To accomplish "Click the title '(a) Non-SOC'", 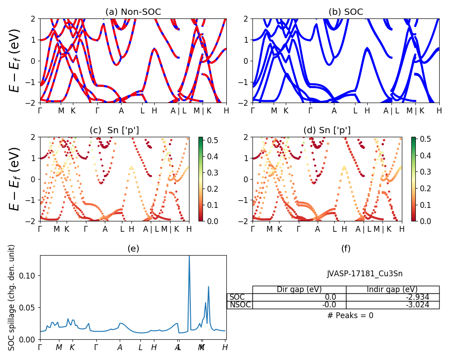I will (133, 12).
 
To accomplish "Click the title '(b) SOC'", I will (346, 12).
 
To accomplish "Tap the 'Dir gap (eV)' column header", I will (299, 289).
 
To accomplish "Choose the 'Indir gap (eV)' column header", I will (392, 289).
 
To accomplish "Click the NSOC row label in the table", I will (239, 305).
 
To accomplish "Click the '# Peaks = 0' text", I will (350, 315).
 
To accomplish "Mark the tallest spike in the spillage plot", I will (189, 256).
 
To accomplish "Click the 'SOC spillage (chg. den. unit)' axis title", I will (12, 297).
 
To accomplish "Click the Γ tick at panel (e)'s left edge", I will (40, 347).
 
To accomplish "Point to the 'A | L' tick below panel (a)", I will (178, 111).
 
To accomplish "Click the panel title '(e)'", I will (133, 248).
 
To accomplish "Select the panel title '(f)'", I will (346, 248).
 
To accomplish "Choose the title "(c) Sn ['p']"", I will (114, 130).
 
